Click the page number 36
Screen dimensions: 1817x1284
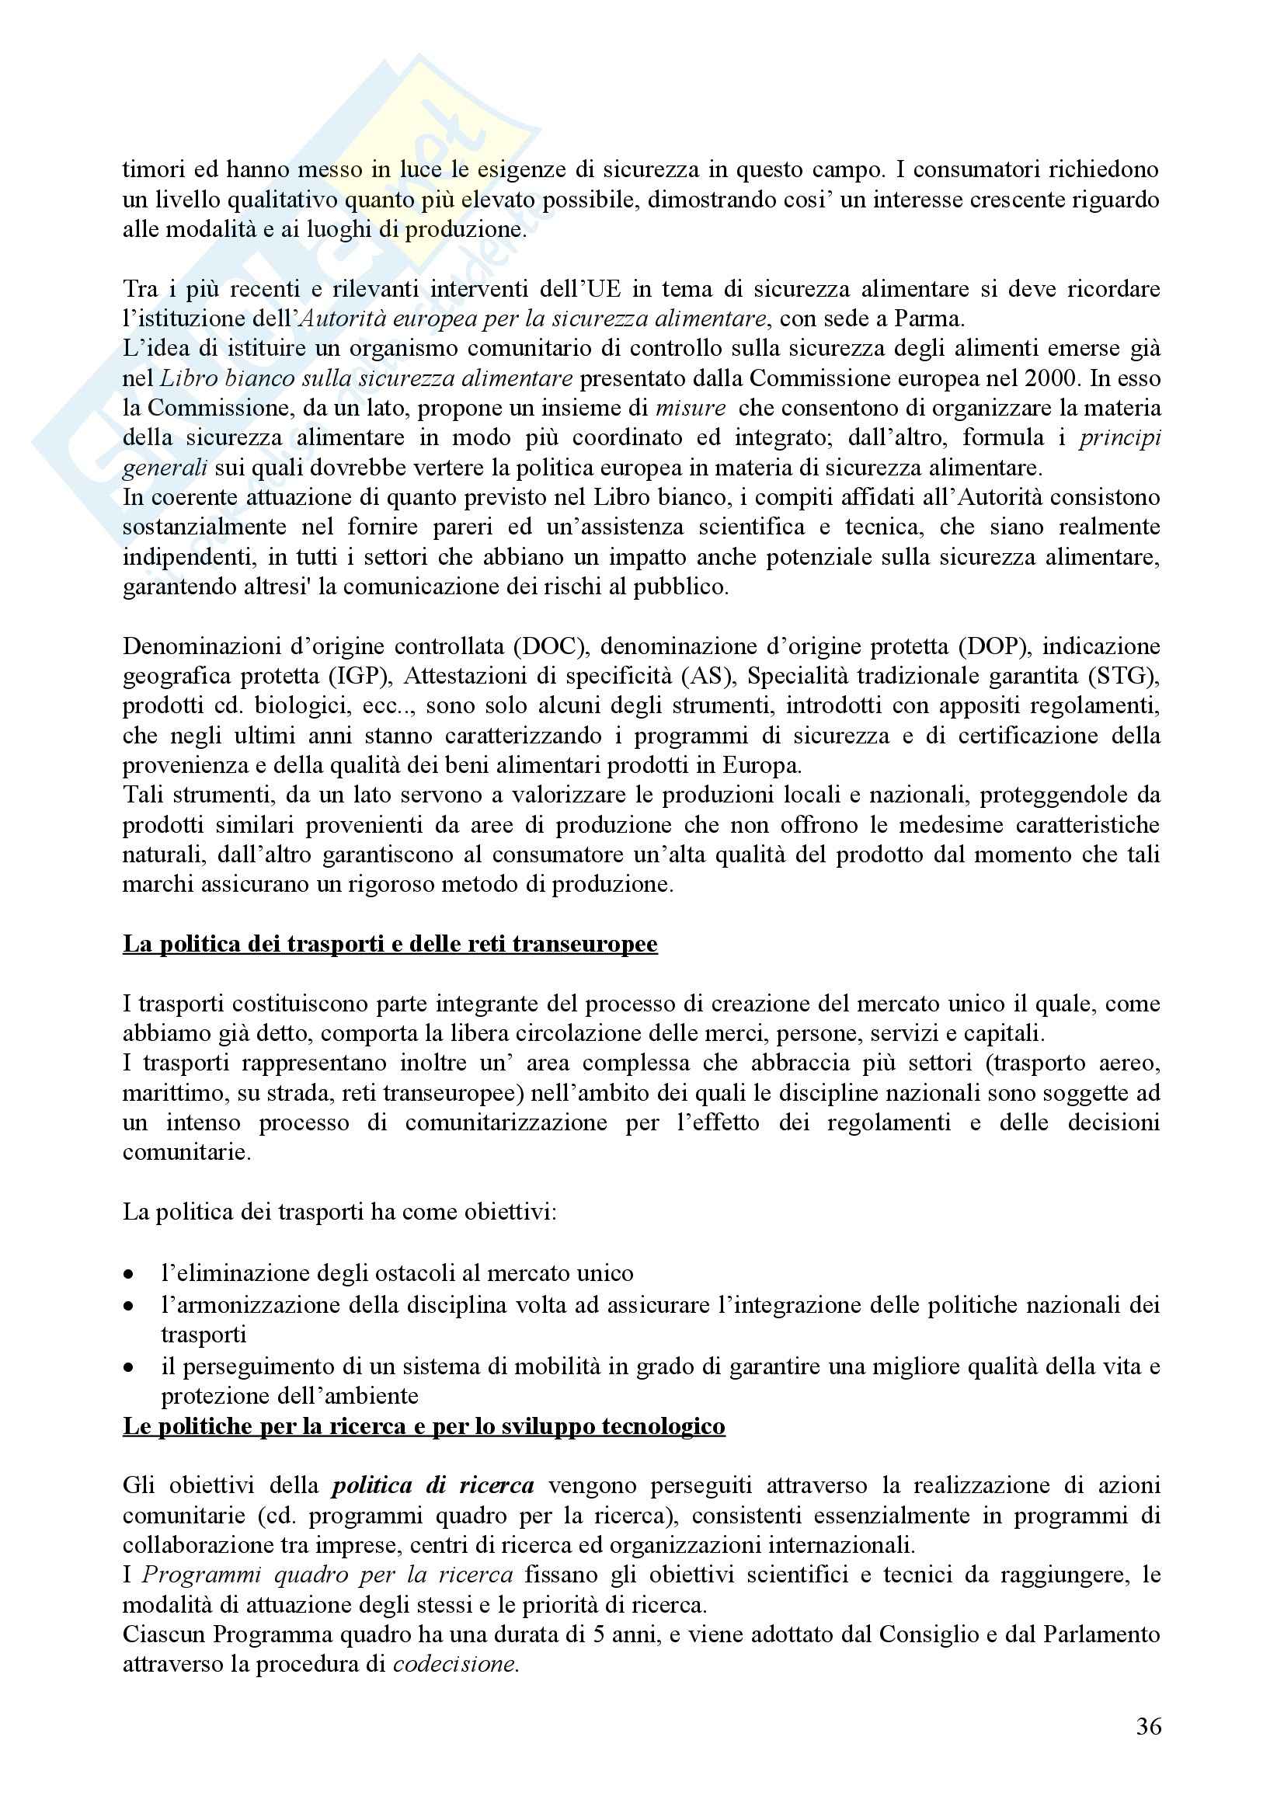tap(1149, 1726)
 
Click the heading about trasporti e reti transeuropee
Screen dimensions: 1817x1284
tap(390, 945)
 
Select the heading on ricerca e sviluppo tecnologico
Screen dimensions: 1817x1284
tap(424, 1425)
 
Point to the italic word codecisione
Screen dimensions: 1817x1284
tap(456, 1664)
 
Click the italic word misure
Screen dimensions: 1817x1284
tap(691, 409)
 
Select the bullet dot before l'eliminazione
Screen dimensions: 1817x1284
tap(128, 1274)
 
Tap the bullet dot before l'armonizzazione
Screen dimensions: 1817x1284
tap(128, 1306)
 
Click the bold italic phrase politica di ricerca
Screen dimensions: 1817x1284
tap(433, 1485)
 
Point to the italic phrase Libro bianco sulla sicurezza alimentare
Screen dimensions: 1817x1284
tap(367, 378)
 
